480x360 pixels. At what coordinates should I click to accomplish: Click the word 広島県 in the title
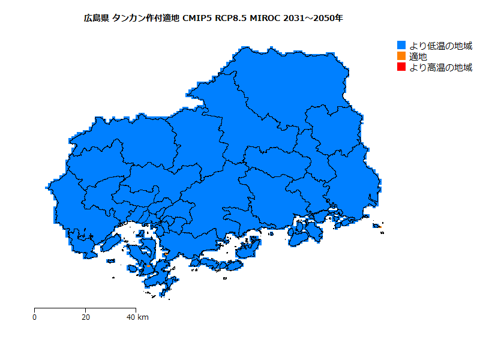pyautogui.click(x=96, y=19)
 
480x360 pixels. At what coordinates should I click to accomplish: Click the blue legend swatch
pyautogui.click(x=402, y=46)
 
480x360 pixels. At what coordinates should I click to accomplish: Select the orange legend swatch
pyautogui.click(x=402, y=56)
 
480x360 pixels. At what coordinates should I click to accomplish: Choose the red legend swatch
pyautogui.click(x=402, y=67)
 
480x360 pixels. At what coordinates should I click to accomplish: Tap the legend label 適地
pyautogui.click(x=418, y=56)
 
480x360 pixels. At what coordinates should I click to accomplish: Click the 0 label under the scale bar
pyautogui.click(x=35, y=317)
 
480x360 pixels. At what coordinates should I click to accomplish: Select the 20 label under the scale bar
pyautogui.click(x=86, y=317)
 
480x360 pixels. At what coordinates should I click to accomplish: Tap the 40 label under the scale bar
pyautogui.click(x=131, y=317)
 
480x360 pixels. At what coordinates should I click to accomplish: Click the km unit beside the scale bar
pyautogui.click(x=143, y=317)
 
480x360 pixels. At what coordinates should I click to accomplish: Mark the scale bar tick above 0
pyautogui.click(x=35, y=310)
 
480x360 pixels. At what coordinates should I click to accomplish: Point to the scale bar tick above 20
pyautogui.click(x=86, y=310)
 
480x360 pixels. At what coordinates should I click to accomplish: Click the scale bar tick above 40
pyautogui.click(x=136, y=310)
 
